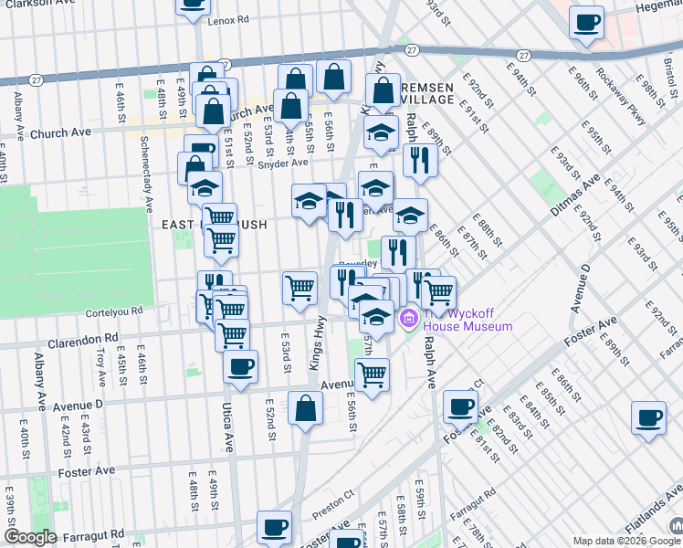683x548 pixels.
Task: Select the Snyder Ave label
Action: click(283, 163)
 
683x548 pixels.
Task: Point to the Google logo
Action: click(30, 537)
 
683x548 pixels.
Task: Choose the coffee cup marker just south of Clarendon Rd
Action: click(240, 367)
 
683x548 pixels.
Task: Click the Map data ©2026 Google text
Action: click(618, 541)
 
